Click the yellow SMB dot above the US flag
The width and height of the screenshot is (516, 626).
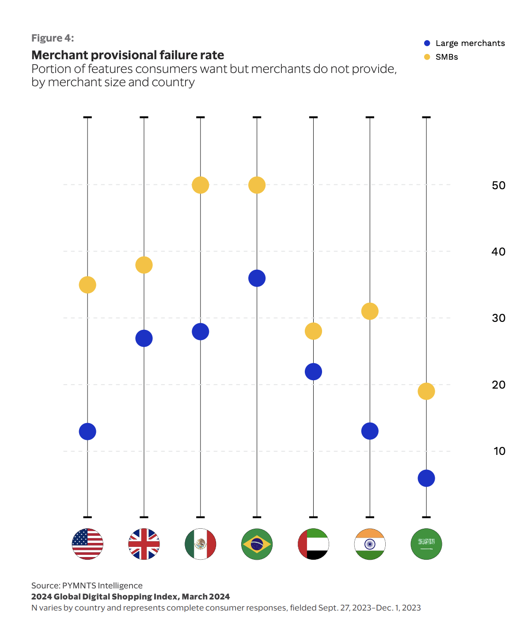(x=87, y=285)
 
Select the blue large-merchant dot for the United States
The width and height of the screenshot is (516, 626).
(x=87, y=431)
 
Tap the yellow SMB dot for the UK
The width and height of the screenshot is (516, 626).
(x=144, y=265)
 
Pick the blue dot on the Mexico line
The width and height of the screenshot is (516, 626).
(x=201, y=332)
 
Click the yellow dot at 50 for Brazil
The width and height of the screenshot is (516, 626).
(x=257, y=185)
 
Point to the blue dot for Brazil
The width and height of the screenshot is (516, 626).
(x=257, y=279)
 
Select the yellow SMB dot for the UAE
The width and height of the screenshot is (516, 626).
(x=313, y=331)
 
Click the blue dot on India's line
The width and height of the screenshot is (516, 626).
(x=370, y=431)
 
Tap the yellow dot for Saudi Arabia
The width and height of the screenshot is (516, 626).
(x=426, y=391)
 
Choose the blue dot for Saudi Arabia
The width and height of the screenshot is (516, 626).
(x=426, y=478)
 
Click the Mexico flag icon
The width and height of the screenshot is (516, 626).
(x=201, y=544)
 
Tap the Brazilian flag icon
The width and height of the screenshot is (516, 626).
(x=257, y=544)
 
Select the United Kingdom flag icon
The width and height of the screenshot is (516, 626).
(x=144, y=544)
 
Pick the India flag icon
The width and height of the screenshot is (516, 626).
(x=370, y=544)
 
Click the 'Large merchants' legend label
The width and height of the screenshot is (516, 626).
(x=470, y=43)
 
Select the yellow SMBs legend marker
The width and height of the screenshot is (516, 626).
(x=427, y=57)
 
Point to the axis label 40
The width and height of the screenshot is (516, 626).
(x=498, y=252)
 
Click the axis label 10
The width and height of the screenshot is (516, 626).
(x=499, y=451)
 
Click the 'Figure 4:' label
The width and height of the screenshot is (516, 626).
(x=53, y=38)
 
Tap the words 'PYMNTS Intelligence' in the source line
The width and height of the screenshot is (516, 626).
(x=102, y=586)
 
